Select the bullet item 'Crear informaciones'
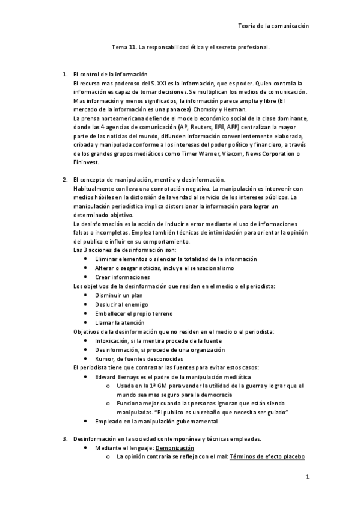click(x=122, y=277)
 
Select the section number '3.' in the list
click(x=65, y=439)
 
